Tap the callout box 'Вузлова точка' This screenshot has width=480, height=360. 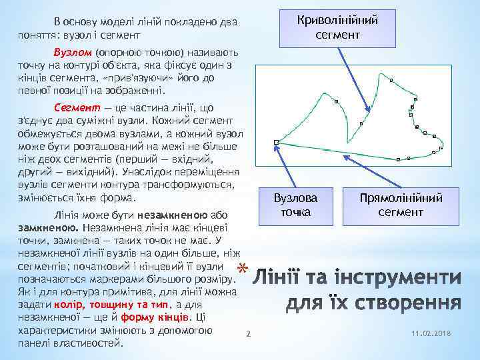click(295, 205)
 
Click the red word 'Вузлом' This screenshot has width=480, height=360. click(73, 51)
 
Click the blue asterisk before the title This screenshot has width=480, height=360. click(241, 269)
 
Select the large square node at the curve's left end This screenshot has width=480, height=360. click(276, 142)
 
